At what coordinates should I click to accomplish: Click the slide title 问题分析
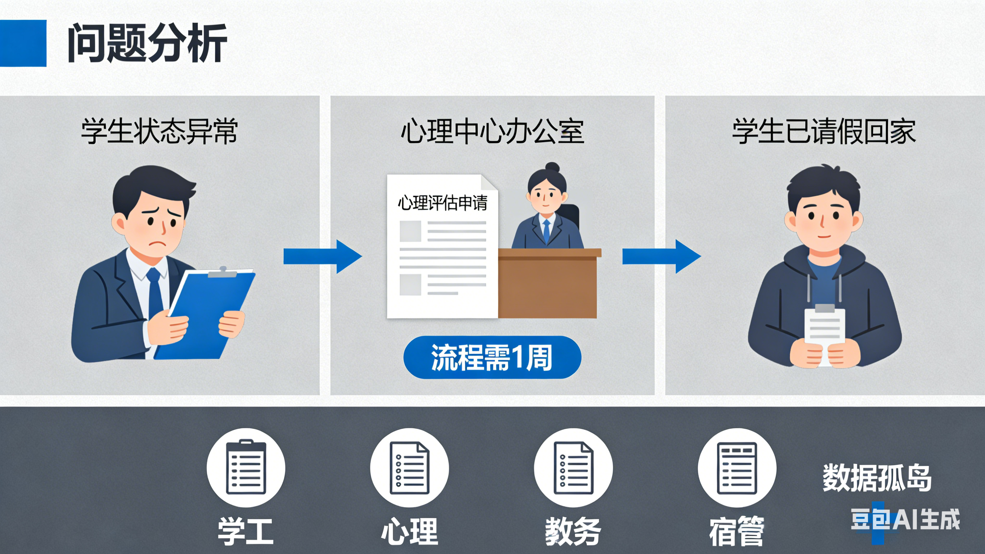[x=147, y=43]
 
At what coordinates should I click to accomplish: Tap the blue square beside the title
[x=23, y=43]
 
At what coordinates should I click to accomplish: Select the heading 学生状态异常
[x=159, y=131]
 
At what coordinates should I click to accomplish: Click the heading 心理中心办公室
[x=492, y=131]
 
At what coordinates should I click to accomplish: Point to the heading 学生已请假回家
[x=824, y=131]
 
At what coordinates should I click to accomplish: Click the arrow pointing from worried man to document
[x=322, y=256]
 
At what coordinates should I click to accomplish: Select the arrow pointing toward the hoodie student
[x=661, y=256]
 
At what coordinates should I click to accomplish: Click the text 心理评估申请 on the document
[x=442, y=203]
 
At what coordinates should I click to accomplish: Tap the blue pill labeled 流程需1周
[x=492, y=357]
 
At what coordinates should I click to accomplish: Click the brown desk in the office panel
[x=548, y=283]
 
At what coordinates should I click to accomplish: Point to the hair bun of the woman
[x=552, y=167]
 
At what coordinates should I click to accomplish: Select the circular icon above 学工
[x=246, y=467]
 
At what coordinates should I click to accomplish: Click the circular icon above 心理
[x=410, y=467]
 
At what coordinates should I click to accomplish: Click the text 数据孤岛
[x=877, y=477]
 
